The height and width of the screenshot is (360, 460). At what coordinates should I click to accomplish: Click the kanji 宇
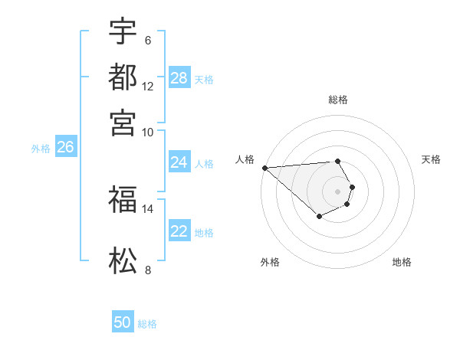[123, 32]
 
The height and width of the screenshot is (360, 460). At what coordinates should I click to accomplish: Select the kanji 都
[123, 77]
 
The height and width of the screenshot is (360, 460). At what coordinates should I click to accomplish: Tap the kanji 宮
[123, 123]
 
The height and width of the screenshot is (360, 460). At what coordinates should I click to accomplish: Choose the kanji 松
[123, 261]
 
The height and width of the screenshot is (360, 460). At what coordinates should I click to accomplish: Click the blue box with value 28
[179, 78]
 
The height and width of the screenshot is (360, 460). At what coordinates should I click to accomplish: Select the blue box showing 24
[179, 162]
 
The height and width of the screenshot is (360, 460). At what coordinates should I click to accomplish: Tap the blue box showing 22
[179, 231]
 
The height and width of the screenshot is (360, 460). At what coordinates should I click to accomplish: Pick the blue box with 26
[65, 148]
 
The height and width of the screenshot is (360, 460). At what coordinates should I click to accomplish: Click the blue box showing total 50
[123, 322]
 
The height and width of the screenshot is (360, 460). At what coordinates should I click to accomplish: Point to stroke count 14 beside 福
[147, 208]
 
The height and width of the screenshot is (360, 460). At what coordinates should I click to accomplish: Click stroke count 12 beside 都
[147, 87]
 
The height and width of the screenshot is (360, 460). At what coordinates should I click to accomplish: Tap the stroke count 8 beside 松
[147, 270]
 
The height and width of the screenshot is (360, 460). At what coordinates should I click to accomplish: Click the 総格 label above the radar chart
[338, 100]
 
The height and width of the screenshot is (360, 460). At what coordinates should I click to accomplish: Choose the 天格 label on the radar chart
[432, 159]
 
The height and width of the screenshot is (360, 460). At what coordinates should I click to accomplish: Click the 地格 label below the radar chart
[402, 262]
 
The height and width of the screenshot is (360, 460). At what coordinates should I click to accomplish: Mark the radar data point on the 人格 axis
[264, 168]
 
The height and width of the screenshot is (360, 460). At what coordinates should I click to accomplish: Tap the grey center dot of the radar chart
[337, 191]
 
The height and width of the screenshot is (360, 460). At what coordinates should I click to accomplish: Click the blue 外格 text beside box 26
[41, 149]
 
